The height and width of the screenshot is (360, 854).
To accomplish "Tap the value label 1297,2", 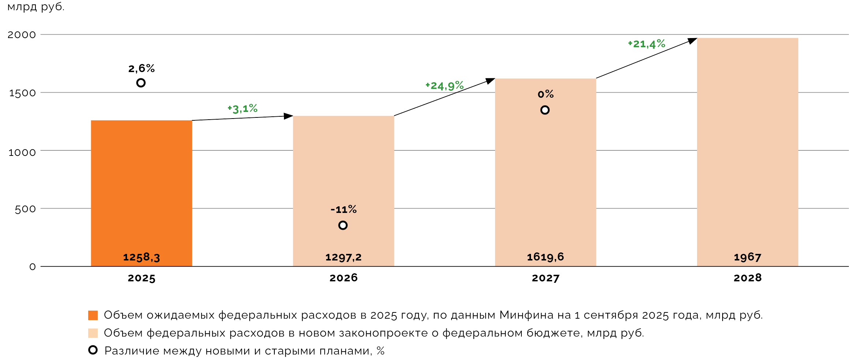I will pyautogui.click(x=343, y=257).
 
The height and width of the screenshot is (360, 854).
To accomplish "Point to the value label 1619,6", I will pyautogui.click(x=545, y=257).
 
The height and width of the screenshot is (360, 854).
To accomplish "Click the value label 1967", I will pyautogui.click(x=747, y=257).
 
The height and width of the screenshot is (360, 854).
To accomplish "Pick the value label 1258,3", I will pyautogui.click(x=141, y=257).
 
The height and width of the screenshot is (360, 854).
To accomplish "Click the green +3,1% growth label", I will pyautogui.click(x=243, y=109).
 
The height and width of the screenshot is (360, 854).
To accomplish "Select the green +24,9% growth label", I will pyautogui.click(x=445, y=86).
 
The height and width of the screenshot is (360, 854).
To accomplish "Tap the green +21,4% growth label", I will pyautogui.click(x=647, y=44).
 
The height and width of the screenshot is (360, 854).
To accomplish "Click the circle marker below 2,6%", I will pyautogui.click(x=141, y=83).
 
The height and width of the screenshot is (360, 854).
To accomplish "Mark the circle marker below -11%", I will pyautogui.click(x=343, y=225).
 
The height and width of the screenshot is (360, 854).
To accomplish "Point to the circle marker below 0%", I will pyautogui.click(x=545, y=110).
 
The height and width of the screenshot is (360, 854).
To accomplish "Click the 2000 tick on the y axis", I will pyautogui.click(x=22, y=35).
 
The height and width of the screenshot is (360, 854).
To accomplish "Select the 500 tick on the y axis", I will pyautogui.click(x=25, y=209).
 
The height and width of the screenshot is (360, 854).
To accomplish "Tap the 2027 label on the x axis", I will pyautogui.click(x=545, y=278).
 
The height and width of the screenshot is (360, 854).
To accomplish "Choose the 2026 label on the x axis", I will pyautogui.click(x=343, y=278).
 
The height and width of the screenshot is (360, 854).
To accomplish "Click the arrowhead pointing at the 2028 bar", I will pyautogui.click(x=692, y=40).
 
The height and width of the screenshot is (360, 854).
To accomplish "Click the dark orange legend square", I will pyautogui.click(x=93, y=315).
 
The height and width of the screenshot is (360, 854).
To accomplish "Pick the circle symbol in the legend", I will pyautogui.click(x=93, y=350).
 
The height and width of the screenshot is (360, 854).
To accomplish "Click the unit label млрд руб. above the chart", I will pyautogui.click(x=36, y=7).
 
